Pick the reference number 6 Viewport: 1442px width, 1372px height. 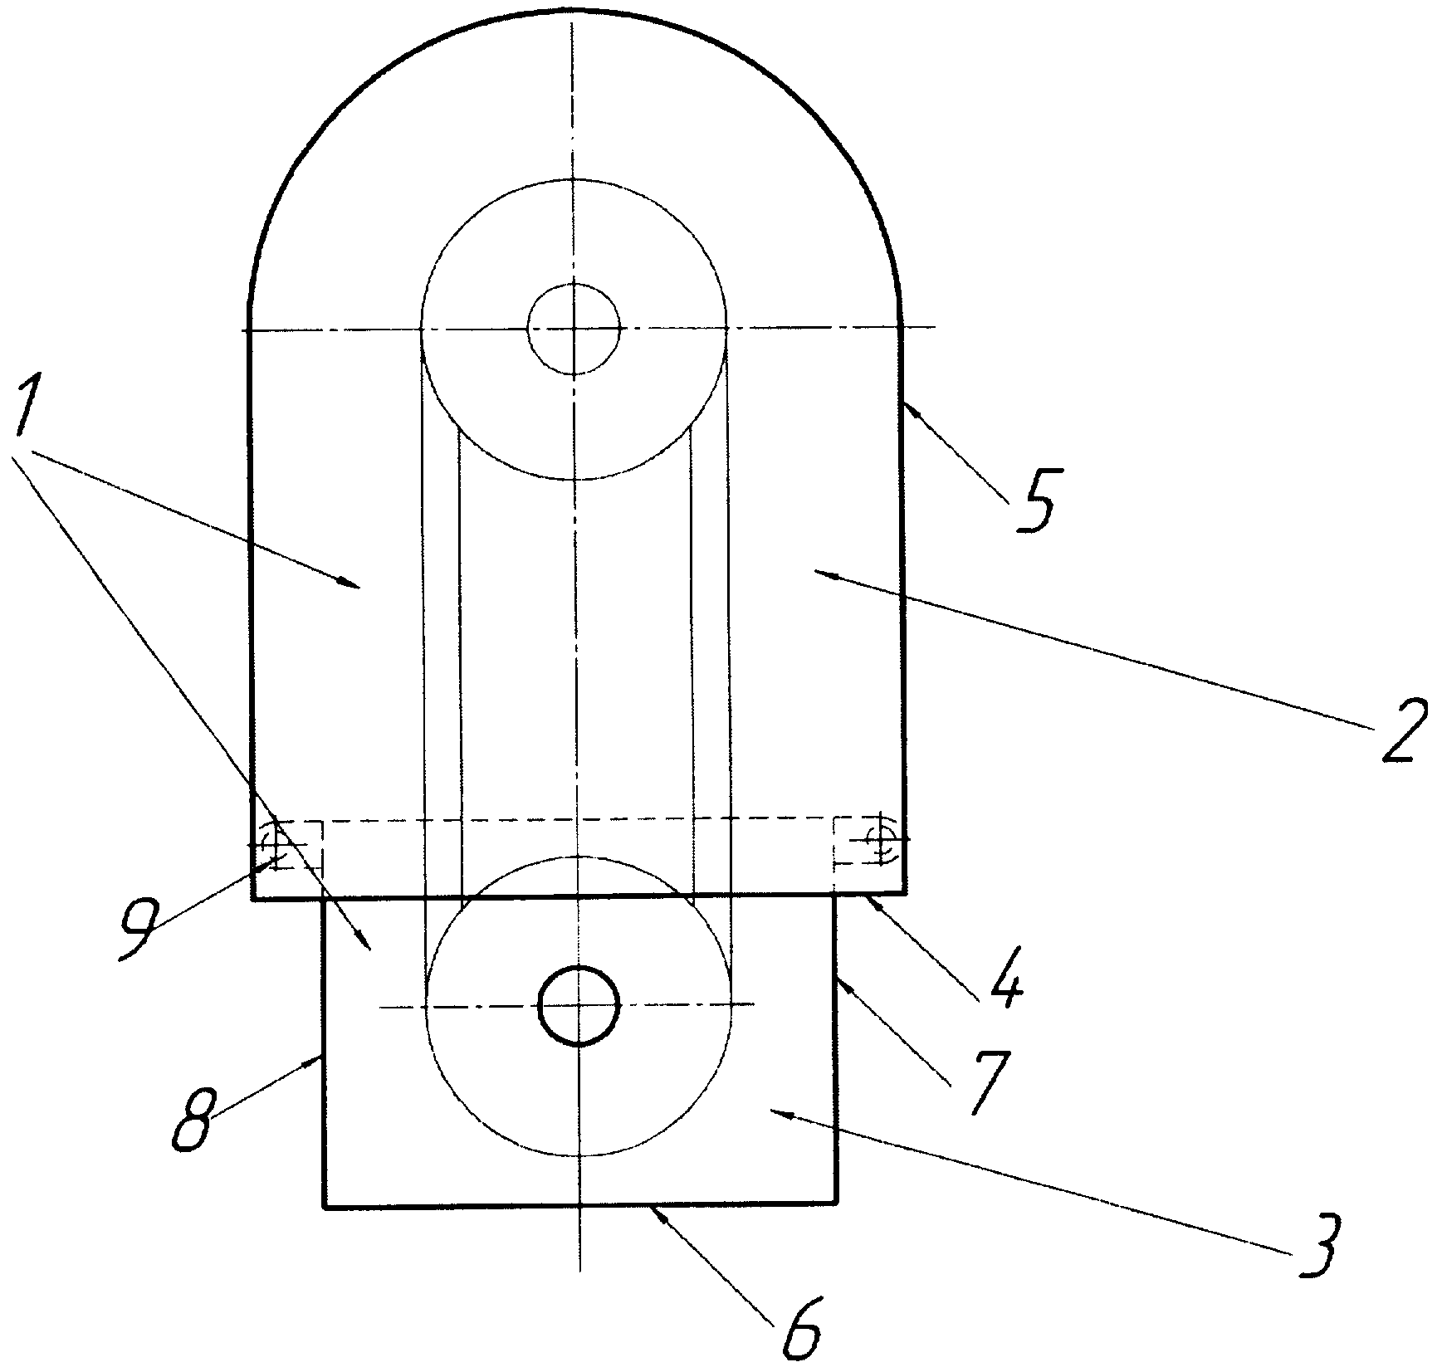(x=802, y=1327)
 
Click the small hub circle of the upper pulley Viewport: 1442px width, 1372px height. (x=574, y=329)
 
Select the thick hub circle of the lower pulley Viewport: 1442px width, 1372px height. (x=579, y=1005)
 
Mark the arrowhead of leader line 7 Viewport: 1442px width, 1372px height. (x=839, y=979)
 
